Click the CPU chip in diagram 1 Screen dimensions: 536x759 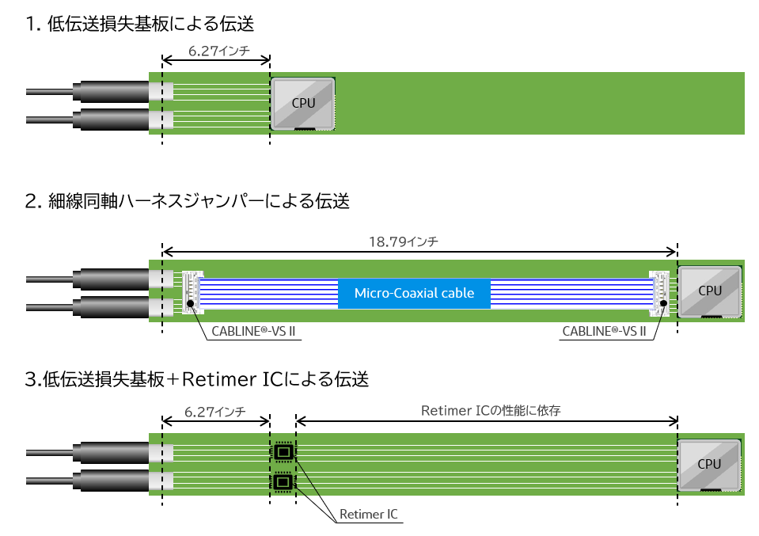[302, 104]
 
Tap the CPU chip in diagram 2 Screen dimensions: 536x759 [710, 291]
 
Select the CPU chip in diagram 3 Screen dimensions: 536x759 [709, 464]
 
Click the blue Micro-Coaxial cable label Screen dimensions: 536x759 [414, 294]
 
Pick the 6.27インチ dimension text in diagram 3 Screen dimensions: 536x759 [214, 412]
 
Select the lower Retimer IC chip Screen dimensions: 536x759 [283, 481]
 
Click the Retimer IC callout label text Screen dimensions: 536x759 [368, 515]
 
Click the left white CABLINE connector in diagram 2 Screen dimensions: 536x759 [192, 291]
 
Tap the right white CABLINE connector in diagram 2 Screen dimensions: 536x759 [659, 291]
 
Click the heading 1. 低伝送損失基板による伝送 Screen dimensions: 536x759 [140, 24]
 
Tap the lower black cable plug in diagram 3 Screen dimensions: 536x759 [110, 481]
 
